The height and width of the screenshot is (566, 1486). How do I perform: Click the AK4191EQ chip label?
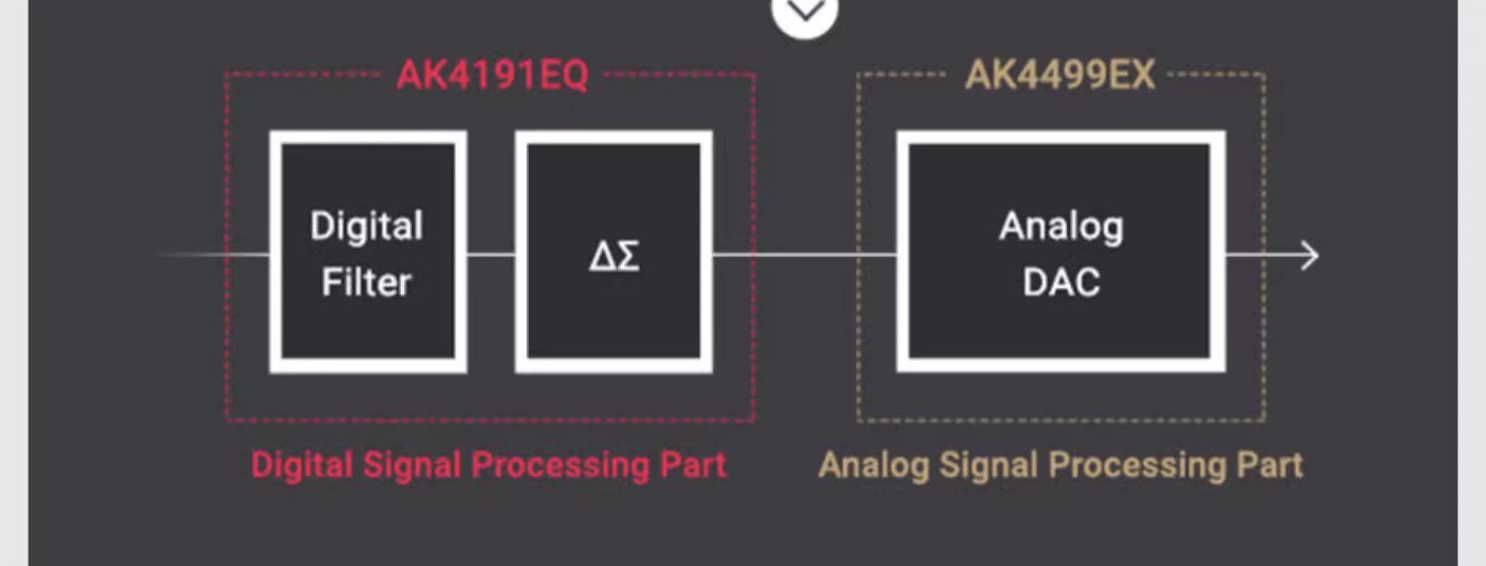(492, 76)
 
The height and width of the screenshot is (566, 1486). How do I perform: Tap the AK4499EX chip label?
(1060, 76)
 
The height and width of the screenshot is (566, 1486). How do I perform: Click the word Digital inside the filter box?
(367, 226)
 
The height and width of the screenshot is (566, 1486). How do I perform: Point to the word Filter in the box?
(367, 283)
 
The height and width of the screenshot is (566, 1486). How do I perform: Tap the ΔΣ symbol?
(614, 256)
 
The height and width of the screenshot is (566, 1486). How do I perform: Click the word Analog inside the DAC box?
(1061, 227)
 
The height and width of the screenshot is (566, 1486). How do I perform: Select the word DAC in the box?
(1061, 283)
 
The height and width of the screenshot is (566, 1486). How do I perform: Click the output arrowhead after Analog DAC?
(1310, 256)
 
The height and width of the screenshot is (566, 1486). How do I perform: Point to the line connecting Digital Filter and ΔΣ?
(491, 255)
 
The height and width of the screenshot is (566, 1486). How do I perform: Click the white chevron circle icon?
(804, 12)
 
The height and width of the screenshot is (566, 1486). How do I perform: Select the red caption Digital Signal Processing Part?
(488, 465)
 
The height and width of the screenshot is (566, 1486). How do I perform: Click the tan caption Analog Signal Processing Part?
(1060, 465)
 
